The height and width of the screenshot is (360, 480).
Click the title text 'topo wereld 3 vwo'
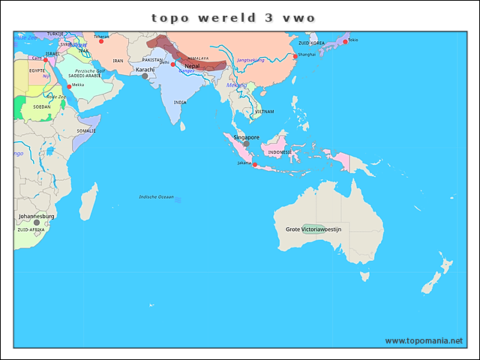(x=232, y=17)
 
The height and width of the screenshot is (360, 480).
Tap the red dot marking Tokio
(x=345, y=41)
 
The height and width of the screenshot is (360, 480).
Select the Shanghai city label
(x=306, y=55)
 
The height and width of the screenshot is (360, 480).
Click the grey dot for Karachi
(x=145, y=76)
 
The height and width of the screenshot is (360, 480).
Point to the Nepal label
(x=192, y=66)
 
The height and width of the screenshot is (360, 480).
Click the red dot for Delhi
(x=172, y=64)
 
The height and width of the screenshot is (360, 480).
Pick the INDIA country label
(x=180, y=102)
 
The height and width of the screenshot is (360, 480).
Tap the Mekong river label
(x=236, y=85)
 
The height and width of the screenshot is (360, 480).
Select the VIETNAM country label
(x=264, y=111)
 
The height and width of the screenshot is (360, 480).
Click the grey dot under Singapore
(x=245, y=143)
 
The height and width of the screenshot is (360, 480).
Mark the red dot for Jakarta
(x=255, y=164)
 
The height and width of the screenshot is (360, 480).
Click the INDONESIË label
(x=280, y=151)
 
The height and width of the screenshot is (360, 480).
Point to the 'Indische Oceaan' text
(x=156, y=196)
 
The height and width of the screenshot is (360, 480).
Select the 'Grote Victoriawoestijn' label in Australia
(x=313, y=229)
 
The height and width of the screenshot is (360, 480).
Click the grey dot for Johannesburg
(x=36, y=223)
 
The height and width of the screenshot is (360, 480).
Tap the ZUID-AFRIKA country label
(x=31, y=230)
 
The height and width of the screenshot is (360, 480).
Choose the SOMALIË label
(x=86, y=130)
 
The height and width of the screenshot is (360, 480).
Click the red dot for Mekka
(x=70, y=87)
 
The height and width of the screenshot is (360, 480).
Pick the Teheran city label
(x=100, y=35)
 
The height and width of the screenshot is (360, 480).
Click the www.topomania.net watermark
(x=424, y=340)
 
